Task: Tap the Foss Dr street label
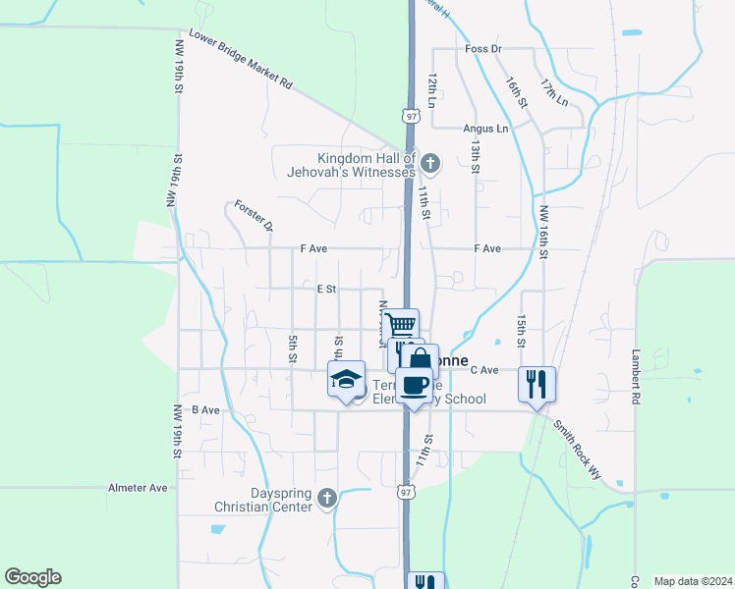click(x=482, y=48)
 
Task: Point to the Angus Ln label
click(x=486, y=129)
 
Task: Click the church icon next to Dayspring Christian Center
click(x=327, y=499)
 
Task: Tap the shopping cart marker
click(x=401, y=325)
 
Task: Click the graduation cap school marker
click(x=346, y=378)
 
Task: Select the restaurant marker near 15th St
click(x=537, y=383)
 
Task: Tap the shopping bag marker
click(x=422, y=359)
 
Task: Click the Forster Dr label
click(x=254, y=217)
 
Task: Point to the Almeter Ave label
click(x=138, y=488)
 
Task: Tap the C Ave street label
click(x=485, y=370)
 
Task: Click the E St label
click(x=326, y=290)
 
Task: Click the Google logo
click(x=33, y=577)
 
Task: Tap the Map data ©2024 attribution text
click(x=692, y=581)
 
